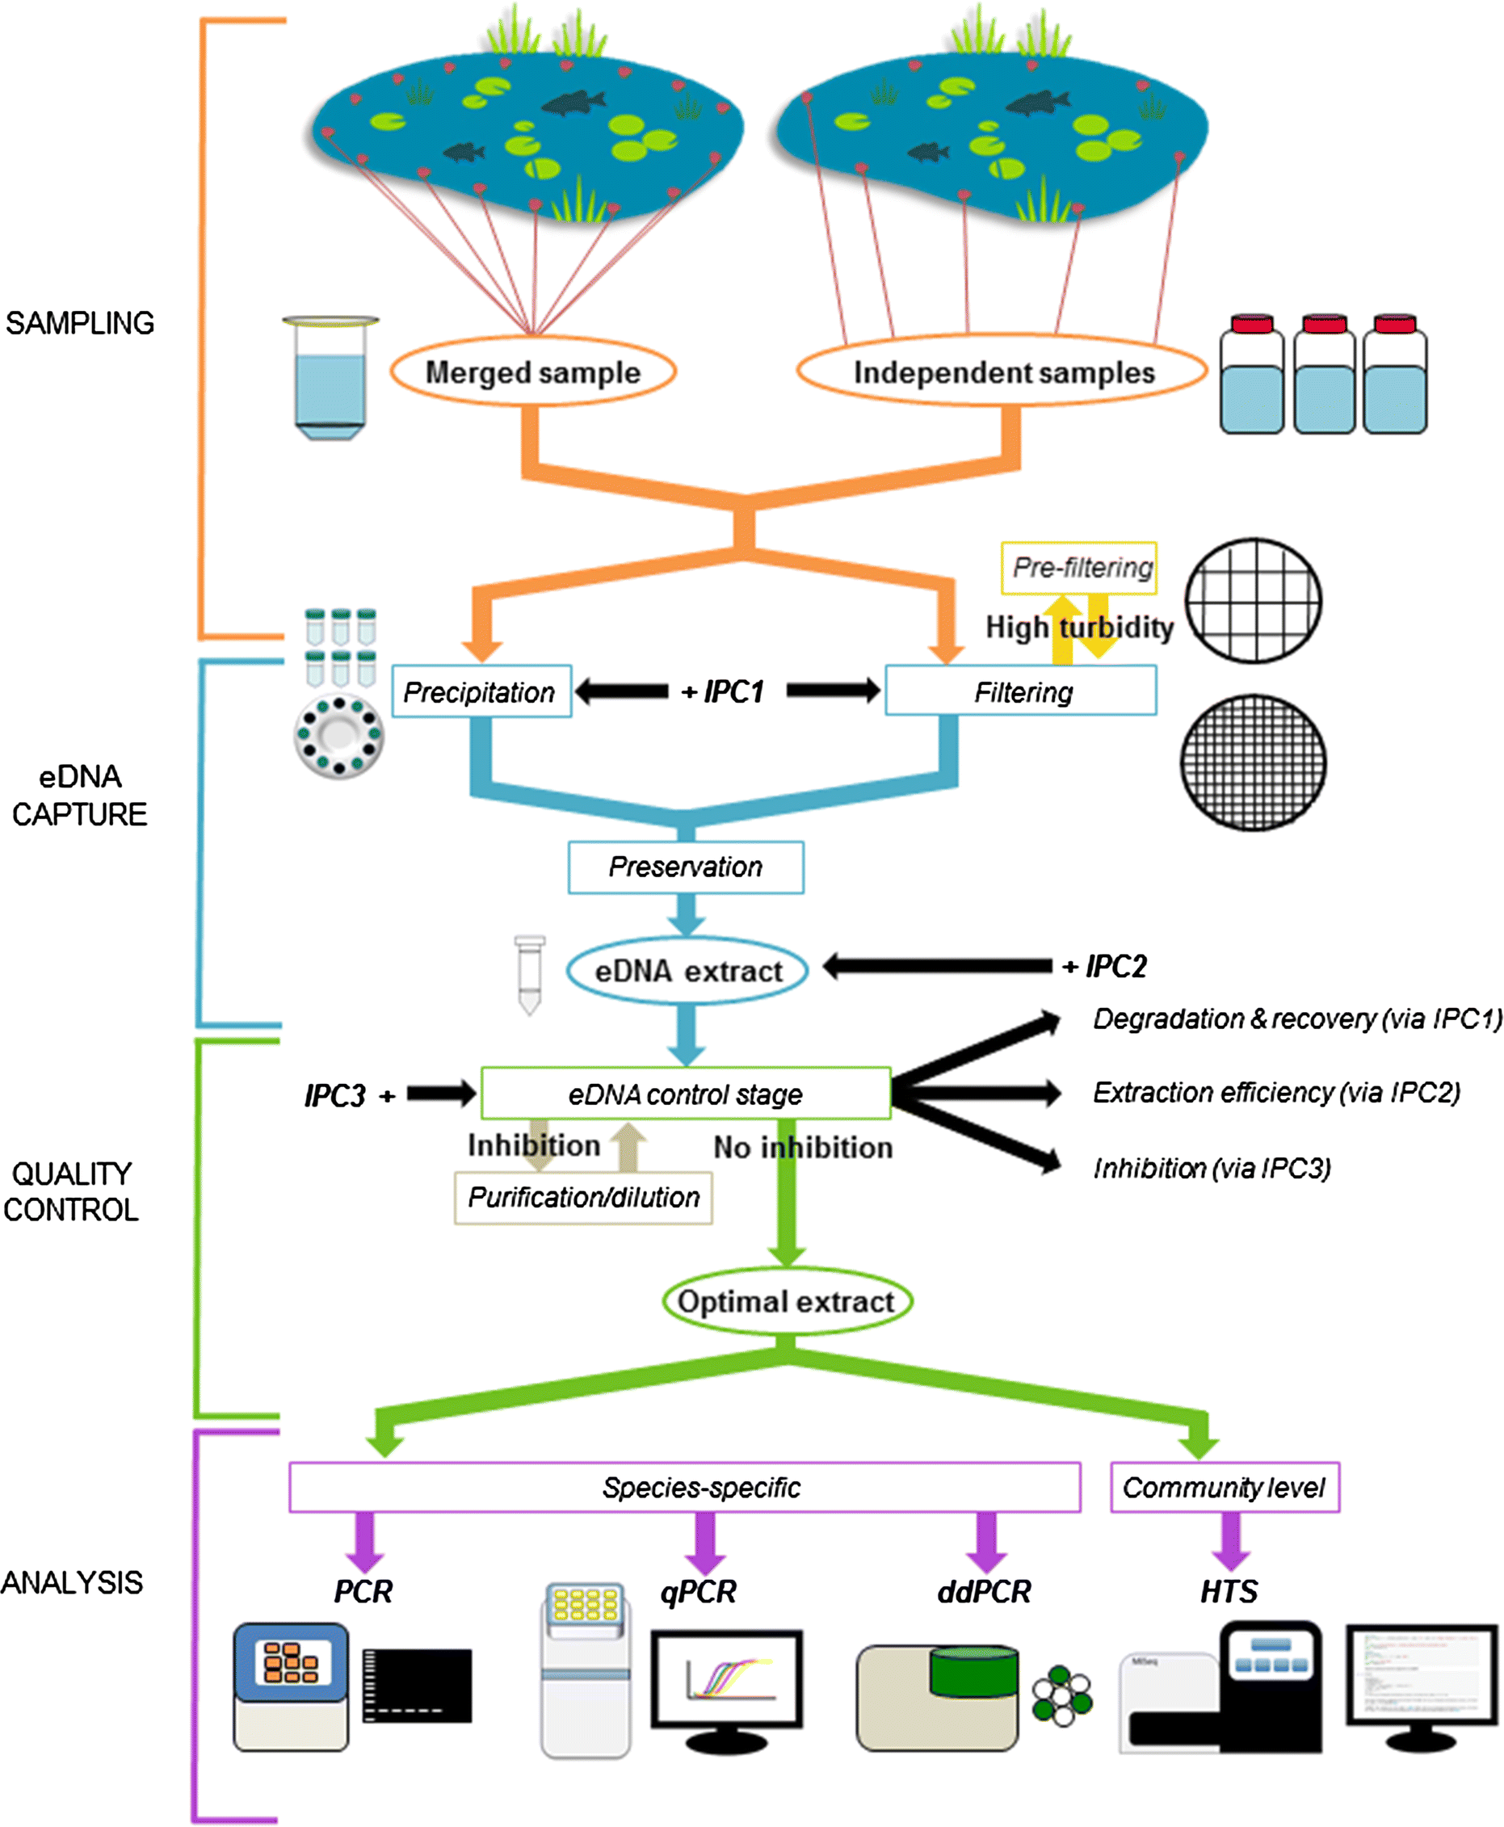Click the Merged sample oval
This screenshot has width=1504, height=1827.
(533, 372)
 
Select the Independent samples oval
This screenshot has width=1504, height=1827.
(1002, 372)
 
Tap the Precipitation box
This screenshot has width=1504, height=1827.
(481, 692)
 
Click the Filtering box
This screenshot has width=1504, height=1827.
(1021, 692)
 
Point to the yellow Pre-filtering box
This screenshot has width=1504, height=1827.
(1079, 569)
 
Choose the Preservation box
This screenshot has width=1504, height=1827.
(685, 867)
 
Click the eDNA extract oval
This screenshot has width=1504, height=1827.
(687, 971)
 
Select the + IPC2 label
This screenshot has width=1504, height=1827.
(1105, 967)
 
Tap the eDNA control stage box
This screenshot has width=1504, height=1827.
(685, 1094)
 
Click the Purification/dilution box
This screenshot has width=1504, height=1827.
(583, 1198)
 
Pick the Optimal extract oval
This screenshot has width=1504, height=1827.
(787, 1302)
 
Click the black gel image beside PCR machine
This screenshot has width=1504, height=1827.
(418, 1686)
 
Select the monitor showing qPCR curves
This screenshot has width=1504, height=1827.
(726, 1681)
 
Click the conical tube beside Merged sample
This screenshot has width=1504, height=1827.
(330, 378)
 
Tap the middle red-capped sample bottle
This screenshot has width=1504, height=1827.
(1324, 375)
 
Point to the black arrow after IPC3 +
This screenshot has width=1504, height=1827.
(441, 1094)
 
